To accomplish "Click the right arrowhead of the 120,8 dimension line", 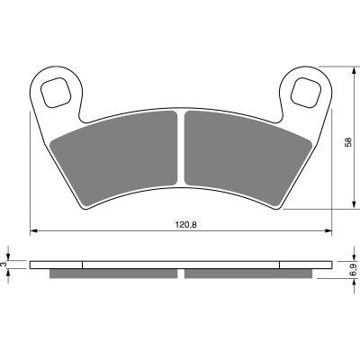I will click(328, 231).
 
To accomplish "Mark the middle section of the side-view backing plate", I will click(180, 265).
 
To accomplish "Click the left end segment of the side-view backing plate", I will click(56, 265).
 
